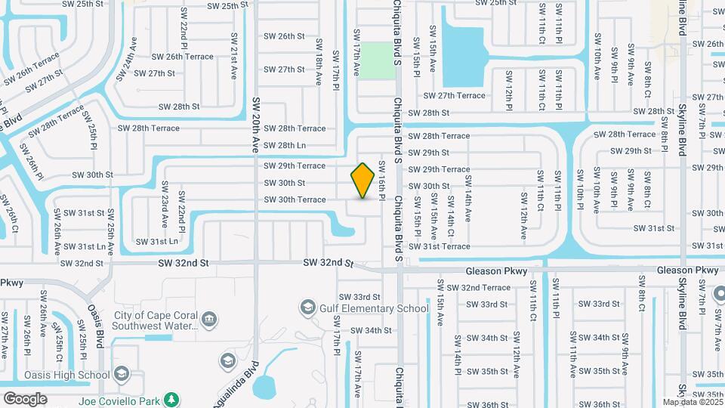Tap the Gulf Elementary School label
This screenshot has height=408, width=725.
click(x=375, y=308)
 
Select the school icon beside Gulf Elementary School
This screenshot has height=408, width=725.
click(x=307, y=307)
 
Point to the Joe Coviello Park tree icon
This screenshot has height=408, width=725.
click(x=172, y=398)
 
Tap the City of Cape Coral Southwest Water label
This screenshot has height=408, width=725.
click(x=155, y=320)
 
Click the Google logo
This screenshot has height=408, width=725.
click(x=25, y=399)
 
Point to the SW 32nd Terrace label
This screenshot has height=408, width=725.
click(x=478, y=288)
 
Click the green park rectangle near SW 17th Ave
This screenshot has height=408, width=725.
click(x=376, y=60)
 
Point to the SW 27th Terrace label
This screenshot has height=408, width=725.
click(x=454, y=96)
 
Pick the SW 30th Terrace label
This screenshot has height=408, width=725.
click(x=295, y=199)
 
